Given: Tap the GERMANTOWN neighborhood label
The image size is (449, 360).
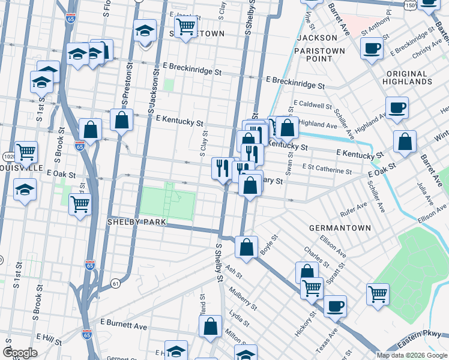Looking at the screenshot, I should point(334,229).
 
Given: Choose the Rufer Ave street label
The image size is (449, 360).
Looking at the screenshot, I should point(353,208).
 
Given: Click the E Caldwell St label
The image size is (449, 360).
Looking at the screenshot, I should point(313,105).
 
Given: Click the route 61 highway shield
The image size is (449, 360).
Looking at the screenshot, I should point(115,282).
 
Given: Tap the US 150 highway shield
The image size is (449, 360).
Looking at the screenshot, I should point(410,5).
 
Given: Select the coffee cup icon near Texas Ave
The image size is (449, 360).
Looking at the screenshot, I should point(335,305).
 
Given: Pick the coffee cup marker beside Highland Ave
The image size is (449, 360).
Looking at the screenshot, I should point(397,109).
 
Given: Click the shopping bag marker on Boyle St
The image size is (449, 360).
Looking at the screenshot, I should point(246,247).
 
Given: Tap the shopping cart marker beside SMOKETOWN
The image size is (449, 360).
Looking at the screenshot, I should point(186,26).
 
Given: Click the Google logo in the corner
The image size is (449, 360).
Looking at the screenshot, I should point(20,353).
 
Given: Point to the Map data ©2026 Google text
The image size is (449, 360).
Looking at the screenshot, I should point(412,355).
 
